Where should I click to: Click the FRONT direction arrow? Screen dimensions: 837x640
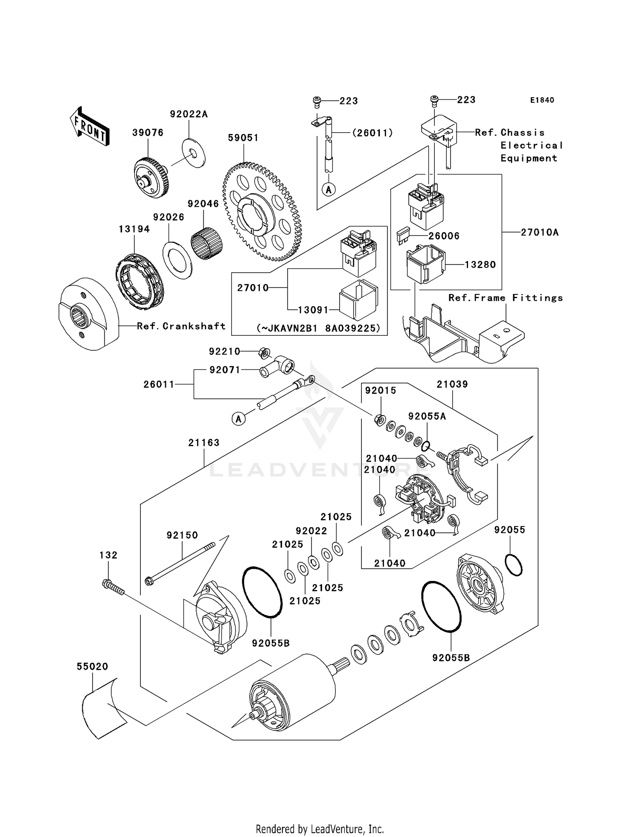click(89, 127)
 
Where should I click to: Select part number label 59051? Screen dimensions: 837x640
click(243, 138)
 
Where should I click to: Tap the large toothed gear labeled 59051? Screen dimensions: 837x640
click(262, 212)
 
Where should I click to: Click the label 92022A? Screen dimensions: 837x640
click(189, 114)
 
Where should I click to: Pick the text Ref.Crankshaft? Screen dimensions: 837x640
click(181, 326)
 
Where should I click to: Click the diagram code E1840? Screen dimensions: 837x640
click(542, 100)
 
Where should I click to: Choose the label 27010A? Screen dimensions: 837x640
click(539, 232)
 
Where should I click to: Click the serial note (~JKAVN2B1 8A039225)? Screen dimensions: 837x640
click(318, 328)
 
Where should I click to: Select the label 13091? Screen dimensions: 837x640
click(313, 310)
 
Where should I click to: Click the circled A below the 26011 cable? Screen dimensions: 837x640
click(239, 419)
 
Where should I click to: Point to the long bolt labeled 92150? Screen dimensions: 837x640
click(182, 562)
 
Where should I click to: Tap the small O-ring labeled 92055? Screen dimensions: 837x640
click(513, 565)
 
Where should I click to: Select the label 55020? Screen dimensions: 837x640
click(92, 666)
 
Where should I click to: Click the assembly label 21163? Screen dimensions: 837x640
click(204, 443)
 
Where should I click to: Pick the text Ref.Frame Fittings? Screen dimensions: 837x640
click(505, 298)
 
